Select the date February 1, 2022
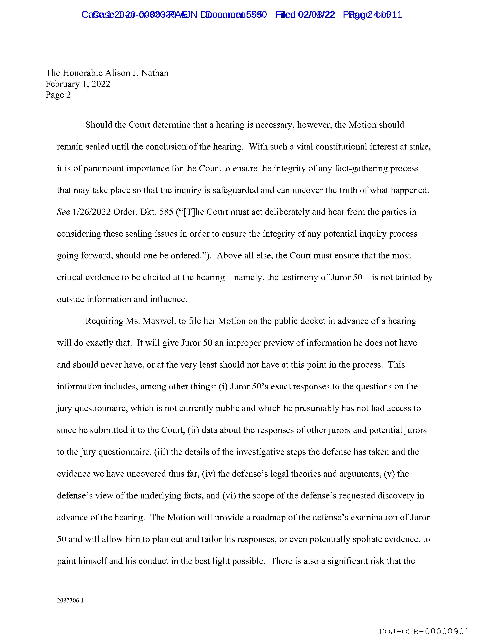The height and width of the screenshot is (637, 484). [78, 84]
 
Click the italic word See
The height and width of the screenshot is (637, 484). [63, 212]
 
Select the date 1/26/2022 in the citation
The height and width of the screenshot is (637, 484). [92, 212]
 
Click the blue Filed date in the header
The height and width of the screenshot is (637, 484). [317, 14]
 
